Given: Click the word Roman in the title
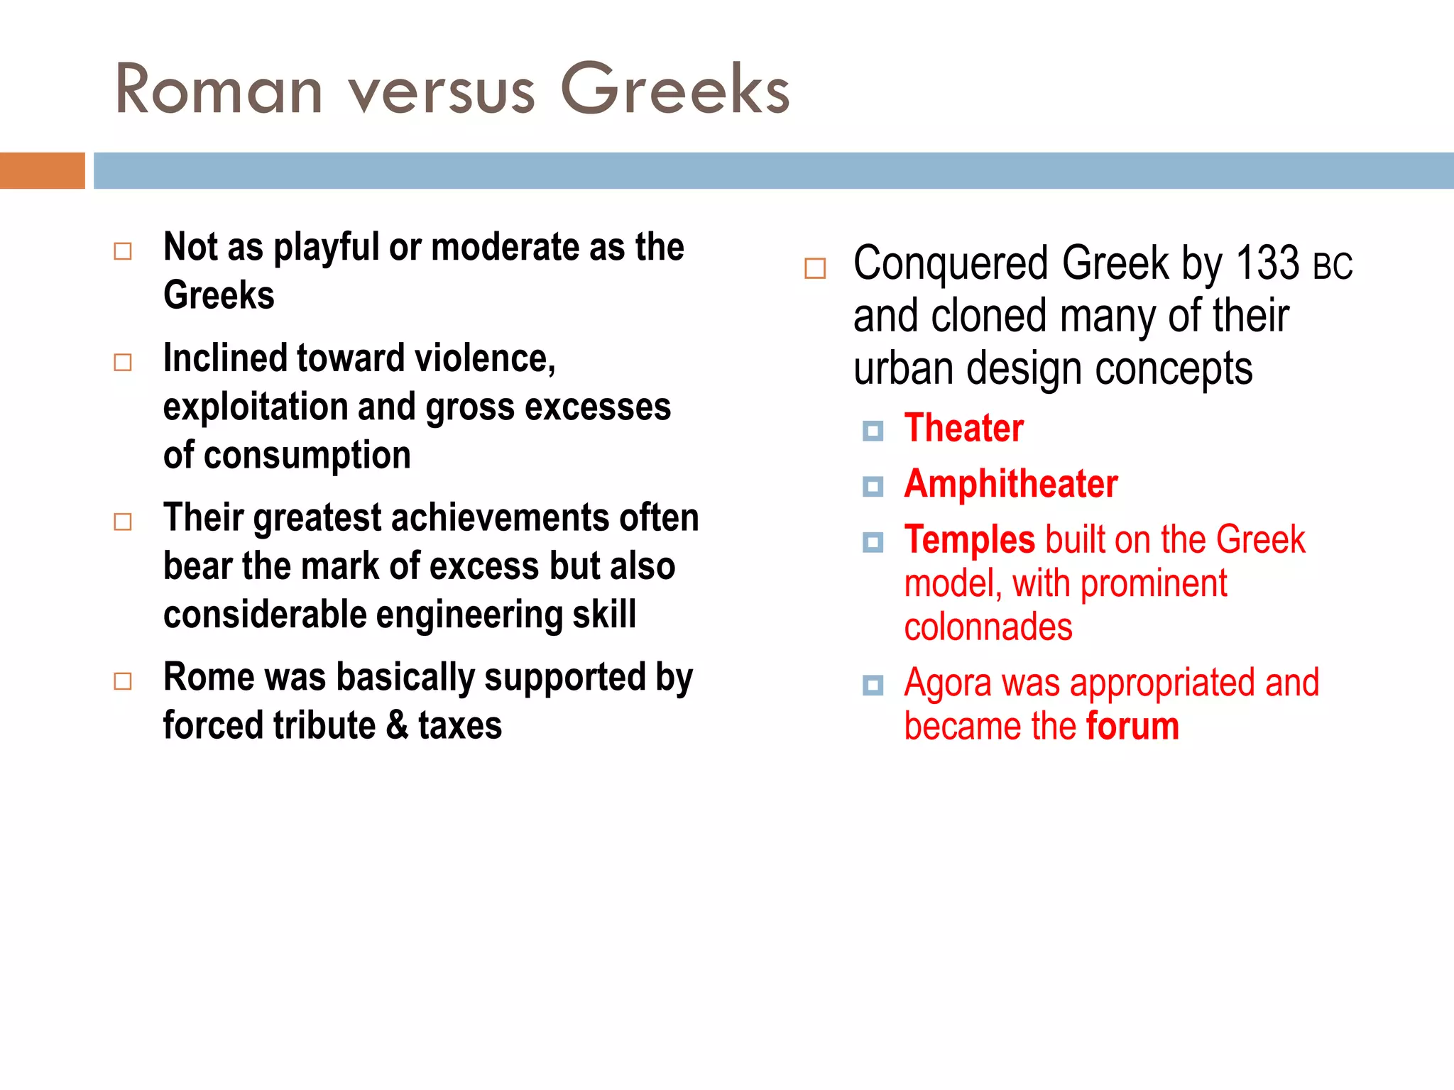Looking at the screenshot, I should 219,90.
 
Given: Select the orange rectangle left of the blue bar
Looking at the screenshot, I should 42,170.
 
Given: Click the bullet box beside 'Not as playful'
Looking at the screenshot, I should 123,251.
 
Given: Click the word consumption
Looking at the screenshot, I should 307,456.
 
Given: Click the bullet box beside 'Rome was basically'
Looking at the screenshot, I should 123,681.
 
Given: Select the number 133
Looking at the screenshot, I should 1267,263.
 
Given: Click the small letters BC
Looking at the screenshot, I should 1333,267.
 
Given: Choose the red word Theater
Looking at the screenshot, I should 963,428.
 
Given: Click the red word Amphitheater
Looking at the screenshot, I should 1010,484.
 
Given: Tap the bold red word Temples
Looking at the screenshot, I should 969,540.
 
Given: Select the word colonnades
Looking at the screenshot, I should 988,627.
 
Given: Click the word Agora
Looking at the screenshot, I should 947,683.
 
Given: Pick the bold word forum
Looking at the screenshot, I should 1132,727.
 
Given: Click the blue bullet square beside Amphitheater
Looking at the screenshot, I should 873,487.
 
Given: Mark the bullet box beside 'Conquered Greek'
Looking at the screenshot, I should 815,268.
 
